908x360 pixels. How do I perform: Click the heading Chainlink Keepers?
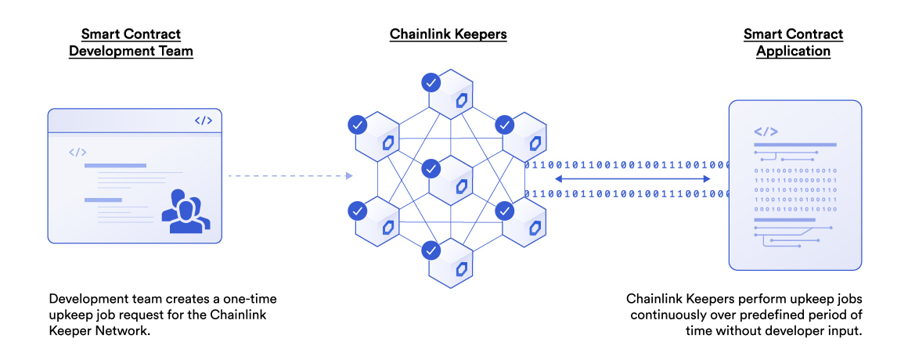point(449,34)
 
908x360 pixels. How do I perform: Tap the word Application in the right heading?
point(793,52)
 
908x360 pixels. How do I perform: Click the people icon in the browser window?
point(186,211)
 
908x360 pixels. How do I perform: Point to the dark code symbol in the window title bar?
point(203,121)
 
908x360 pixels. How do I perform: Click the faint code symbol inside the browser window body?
point(77,153)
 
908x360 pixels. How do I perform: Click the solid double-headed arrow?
point(632,179)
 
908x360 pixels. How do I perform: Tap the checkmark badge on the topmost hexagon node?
point(430,81)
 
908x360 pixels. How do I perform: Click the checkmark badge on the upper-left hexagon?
point(357,124)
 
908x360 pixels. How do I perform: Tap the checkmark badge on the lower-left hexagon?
point(357,210)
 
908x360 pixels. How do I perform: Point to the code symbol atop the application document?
point(765,131)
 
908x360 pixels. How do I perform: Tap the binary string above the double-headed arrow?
point(626,165)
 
